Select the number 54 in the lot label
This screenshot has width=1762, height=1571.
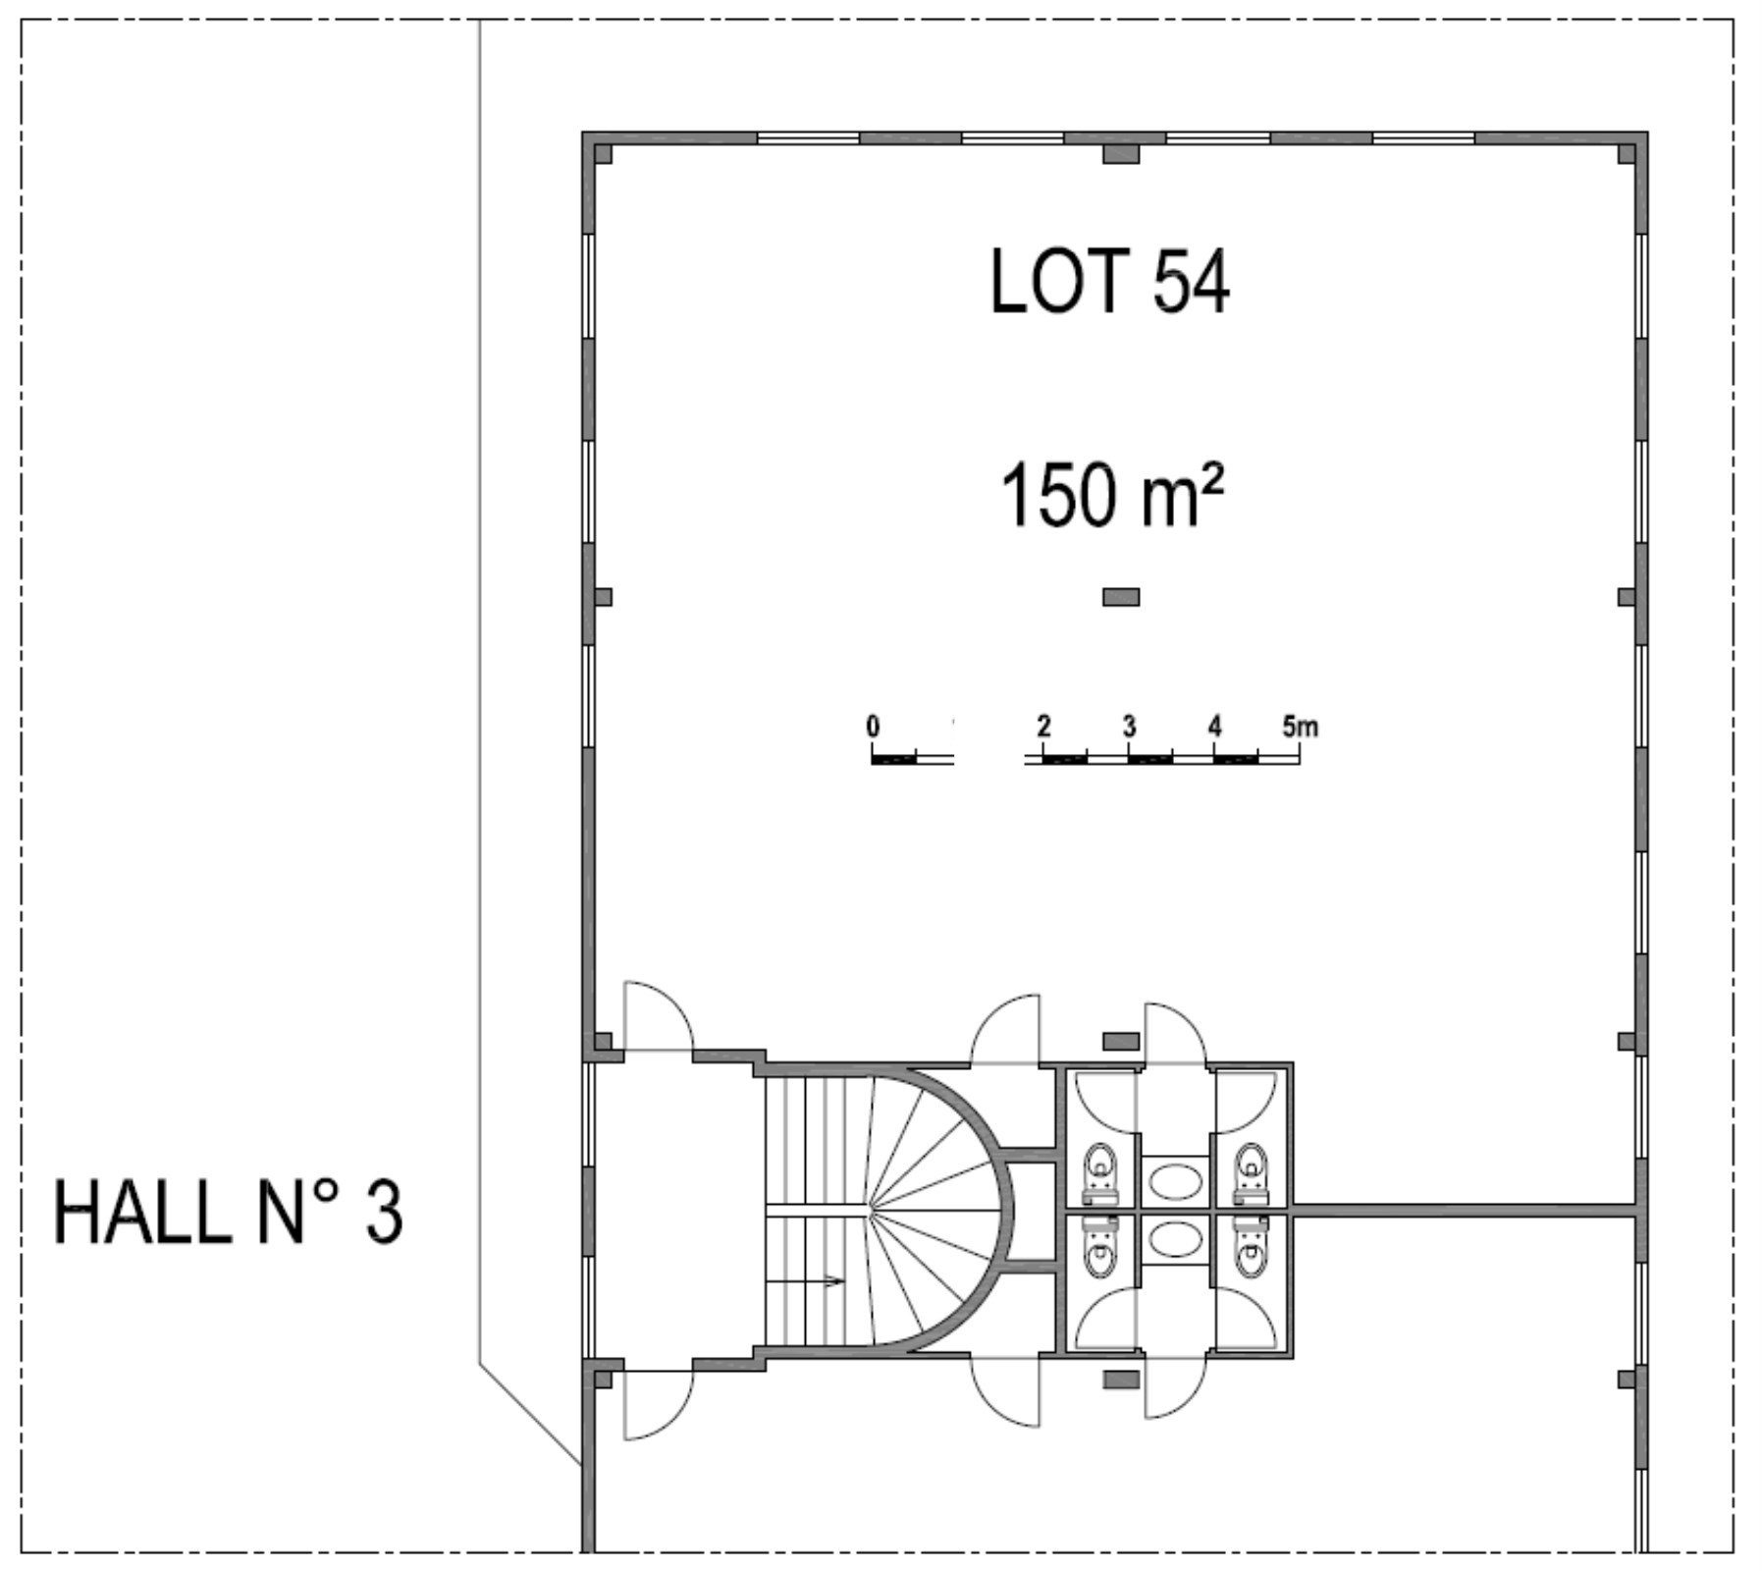pos(1191,281)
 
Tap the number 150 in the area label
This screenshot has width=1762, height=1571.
pos(1059,496)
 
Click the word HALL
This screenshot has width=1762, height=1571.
pos(141,1213)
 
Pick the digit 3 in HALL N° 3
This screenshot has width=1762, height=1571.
pos(384,1213)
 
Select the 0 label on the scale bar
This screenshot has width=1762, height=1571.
pos(873,727)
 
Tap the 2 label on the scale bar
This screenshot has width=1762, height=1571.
pos(1043,727)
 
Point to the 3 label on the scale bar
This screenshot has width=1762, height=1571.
pos(1129,727)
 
